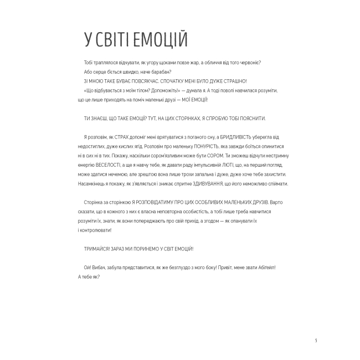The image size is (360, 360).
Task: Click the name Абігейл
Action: point(265,268)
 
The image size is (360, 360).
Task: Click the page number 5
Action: point(316,340)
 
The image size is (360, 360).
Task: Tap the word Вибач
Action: point(100,268)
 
